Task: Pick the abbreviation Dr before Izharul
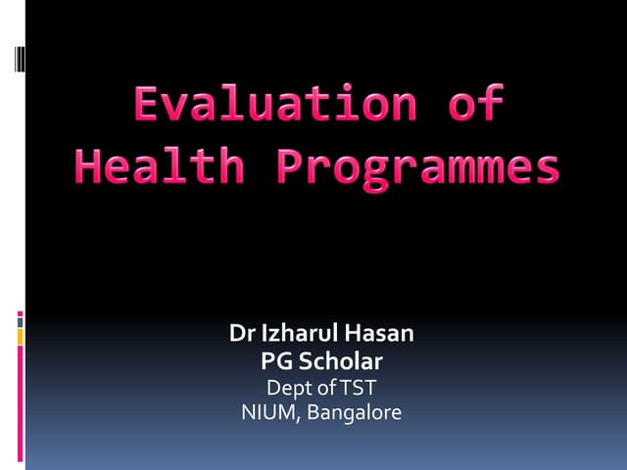241,333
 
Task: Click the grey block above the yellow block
21,322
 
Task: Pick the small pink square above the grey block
21,313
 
